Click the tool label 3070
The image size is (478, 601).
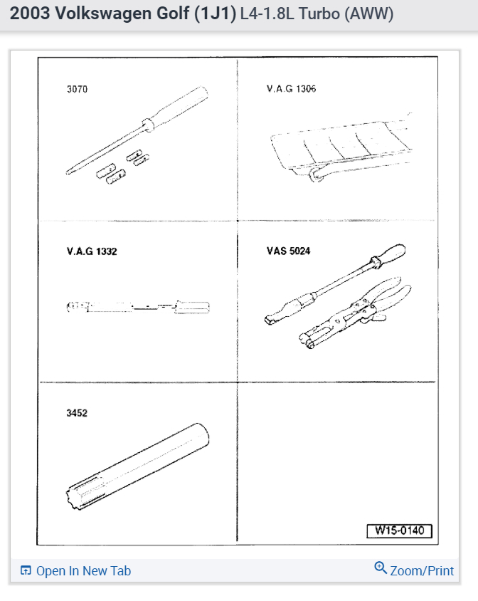[77, 90]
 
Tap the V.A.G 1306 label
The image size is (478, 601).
[291, 90]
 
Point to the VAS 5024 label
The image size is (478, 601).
[289, 251]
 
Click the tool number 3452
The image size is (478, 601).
[77, 413]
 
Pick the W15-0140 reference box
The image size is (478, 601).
[399, 531]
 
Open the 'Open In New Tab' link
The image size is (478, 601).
[83, 571]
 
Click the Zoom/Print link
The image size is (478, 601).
[422, 571]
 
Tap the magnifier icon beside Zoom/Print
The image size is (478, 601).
[381, 568]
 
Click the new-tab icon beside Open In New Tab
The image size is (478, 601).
[26, 571]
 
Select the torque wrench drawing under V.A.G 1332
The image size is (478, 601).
[139, 307]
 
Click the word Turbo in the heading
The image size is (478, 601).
[313, 14]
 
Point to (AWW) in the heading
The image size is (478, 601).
[368, 14]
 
